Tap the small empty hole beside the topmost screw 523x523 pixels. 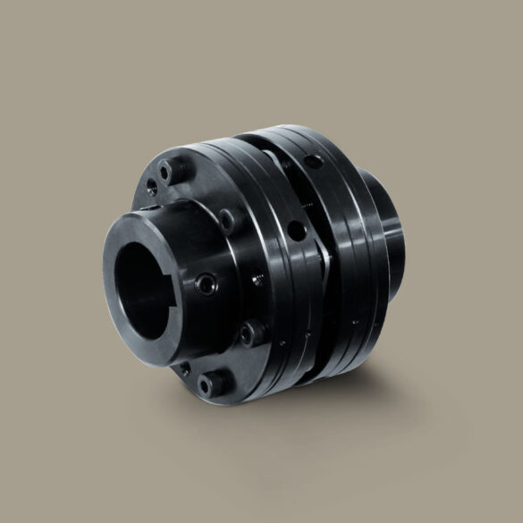point(152,186)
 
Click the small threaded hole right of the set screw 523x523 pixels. point(257,279)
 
